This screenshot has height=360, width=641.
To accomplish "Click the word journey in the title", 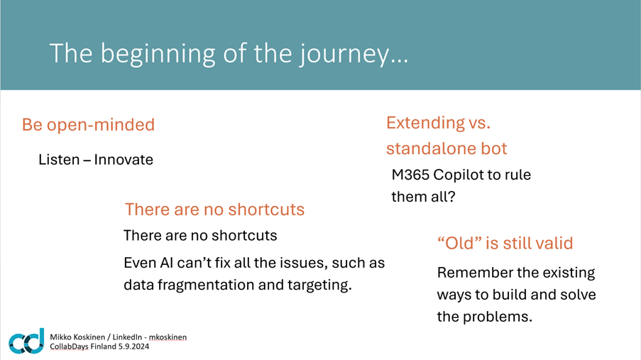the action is coord(344,55).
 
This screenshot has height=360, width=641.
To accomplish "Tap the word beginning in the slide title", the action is coord(158,55).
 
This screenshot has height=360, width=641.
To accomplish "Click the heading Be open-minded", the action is coord(88,125).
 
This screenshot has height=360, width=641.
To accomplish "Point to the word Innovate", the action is coord(124,159).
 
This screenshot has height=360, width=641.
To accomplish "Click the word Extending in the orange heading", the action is coord(426,123).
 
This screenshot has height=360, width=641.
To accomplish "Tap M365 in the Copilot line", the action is coord(410,175).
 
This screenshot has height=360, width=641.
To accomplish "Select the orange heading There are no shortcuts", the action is coord(214,209).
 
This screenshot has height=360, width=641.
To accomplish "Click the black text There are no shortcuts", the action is coord(200,236).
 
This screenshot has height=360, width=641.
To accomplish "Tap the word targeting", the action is coord(319,285).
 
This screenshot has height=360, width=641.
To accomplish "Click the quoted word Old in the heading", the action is coord(459,243).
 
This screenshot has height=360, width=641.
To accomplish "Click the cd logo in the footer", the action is coord(26,341).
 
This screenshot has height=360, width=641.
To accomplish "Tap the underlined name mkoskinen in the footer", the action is coord(168,337).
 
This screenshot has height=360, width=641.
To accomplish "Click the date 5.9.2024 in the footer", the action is coord(133,347).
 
